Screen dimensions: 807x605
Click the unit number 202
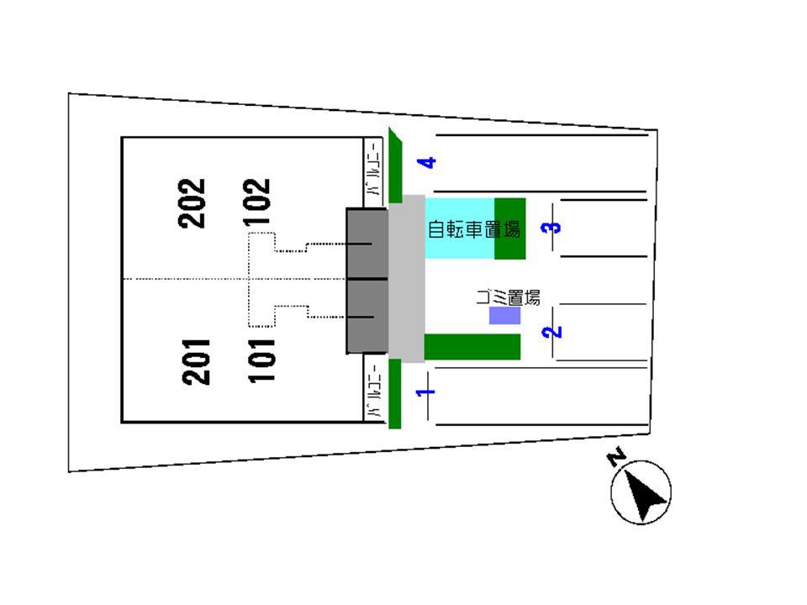pos(192,203)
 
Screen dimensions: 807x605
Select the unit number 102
pos(257,202)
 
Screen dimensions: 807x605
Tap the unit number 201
pos(196,361)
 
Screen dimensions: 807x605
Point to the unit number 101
pos(262,360)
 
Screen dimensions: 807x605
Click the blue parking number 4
pos(427,162)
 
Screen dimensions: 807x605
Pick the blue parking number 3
pos(551,227)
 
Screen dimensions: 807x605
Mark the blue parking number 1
pos(426,392)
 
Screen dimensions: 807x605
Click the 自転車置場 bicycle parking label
pos(474,229)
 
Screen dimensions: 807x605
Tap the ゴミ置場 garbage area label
pos(508,297)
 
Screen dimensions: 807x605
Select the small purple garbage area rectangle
pos(504,315)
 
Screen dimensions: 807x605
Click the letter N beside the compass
pos(616,456)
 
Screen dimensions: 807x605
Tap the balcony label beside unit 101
pos(374,390)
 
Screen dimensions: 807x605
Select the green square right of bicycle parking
pos(510,229)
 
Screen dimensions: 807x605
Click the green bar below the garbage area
pos(472,347)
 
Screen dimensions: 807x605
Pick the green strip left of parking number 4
pos(395,166)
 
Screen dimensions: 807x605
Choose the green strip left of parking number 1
pos(395,393)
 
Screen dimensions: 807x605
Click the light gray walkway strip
pos(407,279)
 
